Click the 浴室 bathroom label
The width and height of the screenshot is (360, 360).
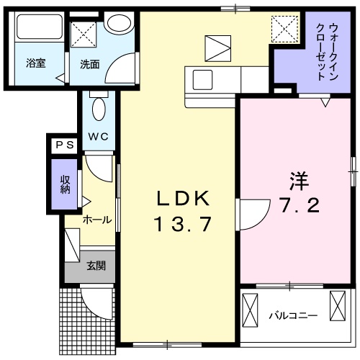[x=36, y=63]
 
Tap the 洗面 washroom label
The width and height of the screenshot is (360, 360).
[x=89, y=63]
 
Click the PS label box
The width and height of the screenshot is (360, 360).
[x=64, y=145]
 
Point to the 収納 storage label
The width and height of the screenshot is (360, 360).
[x=65, y=184]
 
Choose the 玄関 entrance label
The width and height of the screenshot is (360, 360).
[x=96, y=266]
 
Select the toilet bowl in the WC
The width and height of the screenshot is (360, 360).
[x=99, y=110]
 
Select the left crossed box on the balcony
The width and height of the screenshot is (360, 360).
[x=251, y=307]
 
